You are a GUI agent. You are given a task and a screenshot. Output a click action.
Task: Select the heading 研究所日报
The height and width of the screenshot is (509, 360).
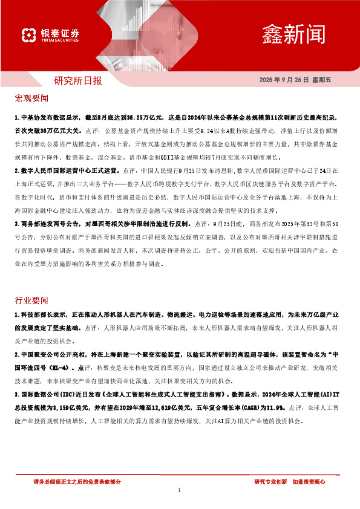point(79,80)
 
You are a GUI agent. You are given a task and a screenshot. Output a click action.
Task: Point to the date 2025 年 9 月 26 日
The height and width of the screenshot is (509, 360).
point(284,80)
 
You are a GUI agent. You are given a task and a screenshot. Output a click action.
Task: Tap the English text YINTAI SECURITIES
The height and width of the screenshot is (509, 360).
point(60,41)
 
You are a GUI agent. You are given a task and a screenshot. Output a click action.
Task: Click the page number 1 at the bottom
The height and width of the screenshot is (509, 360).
point(180,490)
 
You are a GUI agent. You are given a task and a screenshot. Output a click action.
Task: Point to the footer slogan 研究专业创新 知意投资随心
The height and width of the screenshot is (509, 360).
point(290,481)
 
